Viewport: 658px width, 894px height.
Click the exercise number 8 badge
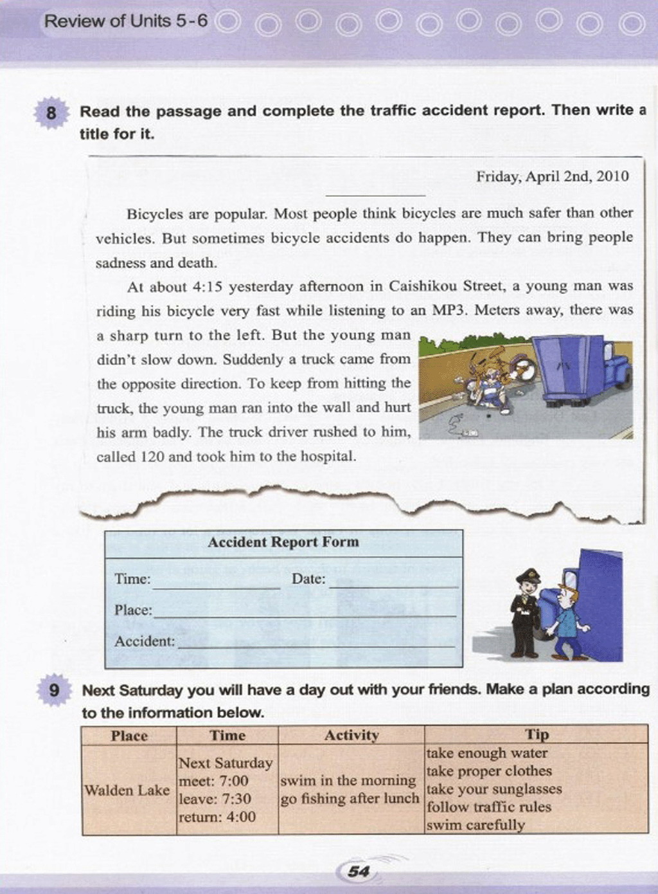51,113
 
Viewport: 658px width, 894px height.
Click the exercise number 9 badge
55,690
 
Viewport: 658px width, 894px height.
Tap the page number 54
358,871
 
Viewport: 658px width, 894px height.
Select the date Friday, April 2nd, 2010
552,177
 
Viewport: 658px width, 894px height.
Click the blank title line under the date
375,193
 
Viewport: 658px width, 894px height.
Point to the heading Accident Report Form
283,542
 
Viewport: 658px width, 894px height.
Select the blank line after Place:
304,615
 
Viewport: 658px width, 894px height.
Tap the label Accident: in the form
145,641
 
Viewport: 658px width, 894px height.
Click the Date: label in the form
308,579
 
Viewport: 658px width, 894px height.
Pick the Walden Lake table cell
127,790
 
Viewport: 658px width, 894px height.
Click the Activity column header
351,735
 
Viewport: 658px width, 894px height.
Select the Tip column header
537,734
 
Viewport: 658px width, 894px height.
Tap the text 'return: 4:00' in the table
217,817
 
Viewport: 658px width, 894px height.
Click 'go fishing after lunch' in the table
349,799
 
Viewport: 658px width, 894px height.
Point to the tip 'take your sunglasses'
494,789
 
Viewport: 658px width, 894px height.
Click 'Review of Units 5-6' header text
126,21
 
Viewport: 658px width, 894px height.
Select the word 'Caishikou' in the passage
423,286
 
